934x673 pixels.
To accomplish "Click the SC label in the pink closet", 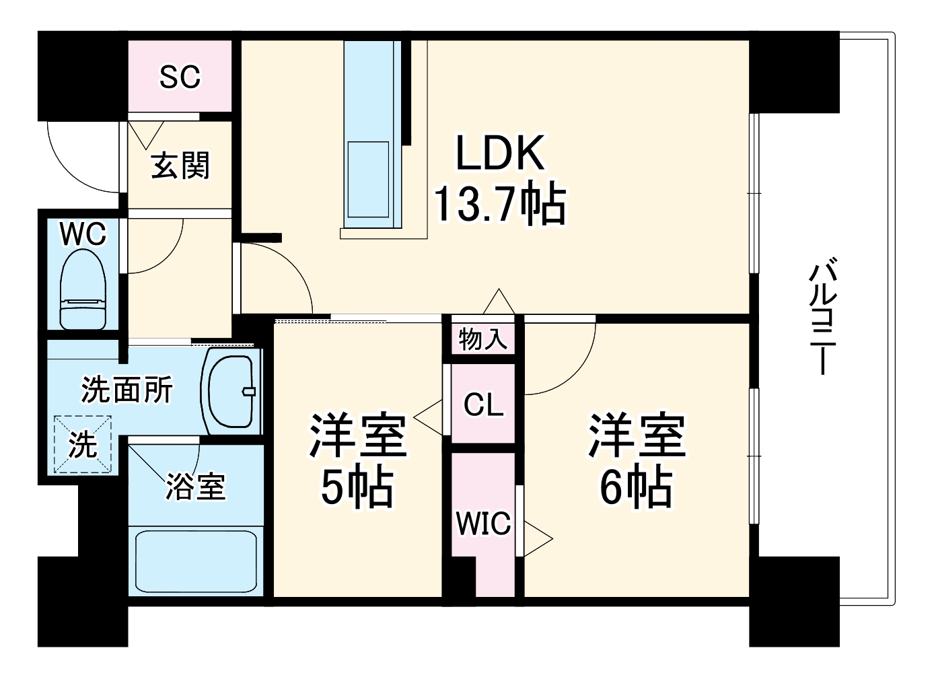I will [180, 77].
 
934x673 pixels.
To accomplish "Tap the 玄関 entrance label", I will [180, 166].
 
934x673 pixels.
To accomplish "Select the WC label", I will [83, 234].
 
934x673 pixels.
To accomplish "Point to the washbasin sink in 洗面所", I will [231, 391].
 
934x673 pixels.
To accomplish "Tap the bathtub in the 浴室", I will [196, 561].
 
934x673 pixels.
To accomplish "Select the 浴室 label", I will [196, 486].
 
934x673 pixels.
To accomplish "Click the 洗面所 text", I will [127, 390].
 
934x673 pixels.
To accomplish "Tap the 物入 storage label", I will [482, 339].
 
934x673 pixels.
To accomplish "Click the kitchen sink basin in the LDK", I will [368, 179].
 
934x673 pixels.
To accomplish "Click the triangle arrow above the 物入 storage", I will [499, 302].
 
